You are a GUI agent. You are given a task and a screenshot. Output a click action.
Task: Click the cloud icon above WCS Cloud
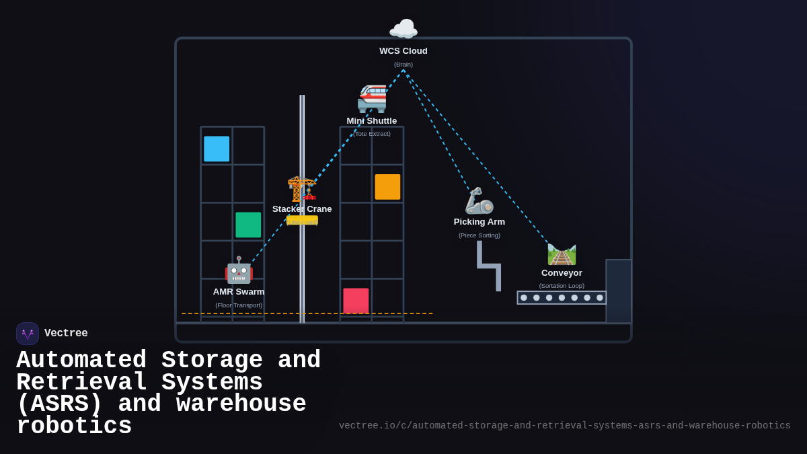tap(403, 30)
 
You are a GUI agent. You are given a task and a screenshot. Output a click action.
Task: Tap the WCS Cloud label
tap(403, 51)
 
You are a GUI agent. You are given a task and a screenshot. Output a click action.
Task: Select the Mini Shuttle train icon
tap(372, 98)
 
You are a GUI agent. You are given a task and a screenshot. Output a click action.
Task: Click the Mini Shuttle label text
tap(372, 121)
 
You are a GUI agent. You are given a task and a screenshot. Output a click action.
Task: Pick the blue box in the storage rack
tap(217, 149)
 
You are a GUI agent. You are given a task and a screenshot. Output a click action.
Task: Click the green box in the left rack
tap(248, 225)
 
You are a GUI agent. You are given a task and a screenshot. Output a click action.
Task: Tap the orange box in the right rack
tap(387, 187)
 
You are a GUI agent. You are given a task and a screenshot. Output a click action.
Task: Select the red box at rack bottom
tap(356, 301)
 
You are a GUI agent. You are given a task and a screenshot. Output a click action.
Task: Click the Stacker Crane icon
tap(302, 188)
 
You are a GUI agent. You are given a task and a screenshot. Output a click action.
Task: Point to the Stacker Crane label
tap(302, 209)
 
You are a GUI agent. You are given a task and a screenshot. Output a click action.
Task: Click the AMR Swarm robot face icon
tap(239, 270)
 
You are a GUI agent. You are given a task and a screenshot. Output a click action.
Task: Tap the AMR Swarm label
tap(239, 292)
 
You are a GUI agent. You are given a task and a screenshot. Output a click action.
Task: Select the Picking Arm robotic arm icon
tap(479, 200)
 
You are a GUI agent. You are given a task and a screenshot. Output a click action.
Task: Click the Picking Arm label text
tap(479, 222)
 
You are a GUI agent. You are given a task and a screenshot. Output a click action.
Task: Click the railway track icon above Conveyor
tap(562, 254)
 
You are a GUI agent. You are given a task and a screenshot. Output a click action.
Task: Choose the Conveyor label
tap(562, 273)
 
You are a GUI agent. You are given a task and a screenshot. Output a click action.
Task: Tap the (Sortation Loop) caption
tap(562, 286)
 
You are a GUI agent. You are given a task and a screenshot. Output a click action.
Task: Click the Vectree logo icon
tap(28, 334)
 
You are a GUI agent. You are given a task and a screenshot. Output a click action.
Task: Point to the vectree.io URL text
tap(565, 426)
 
